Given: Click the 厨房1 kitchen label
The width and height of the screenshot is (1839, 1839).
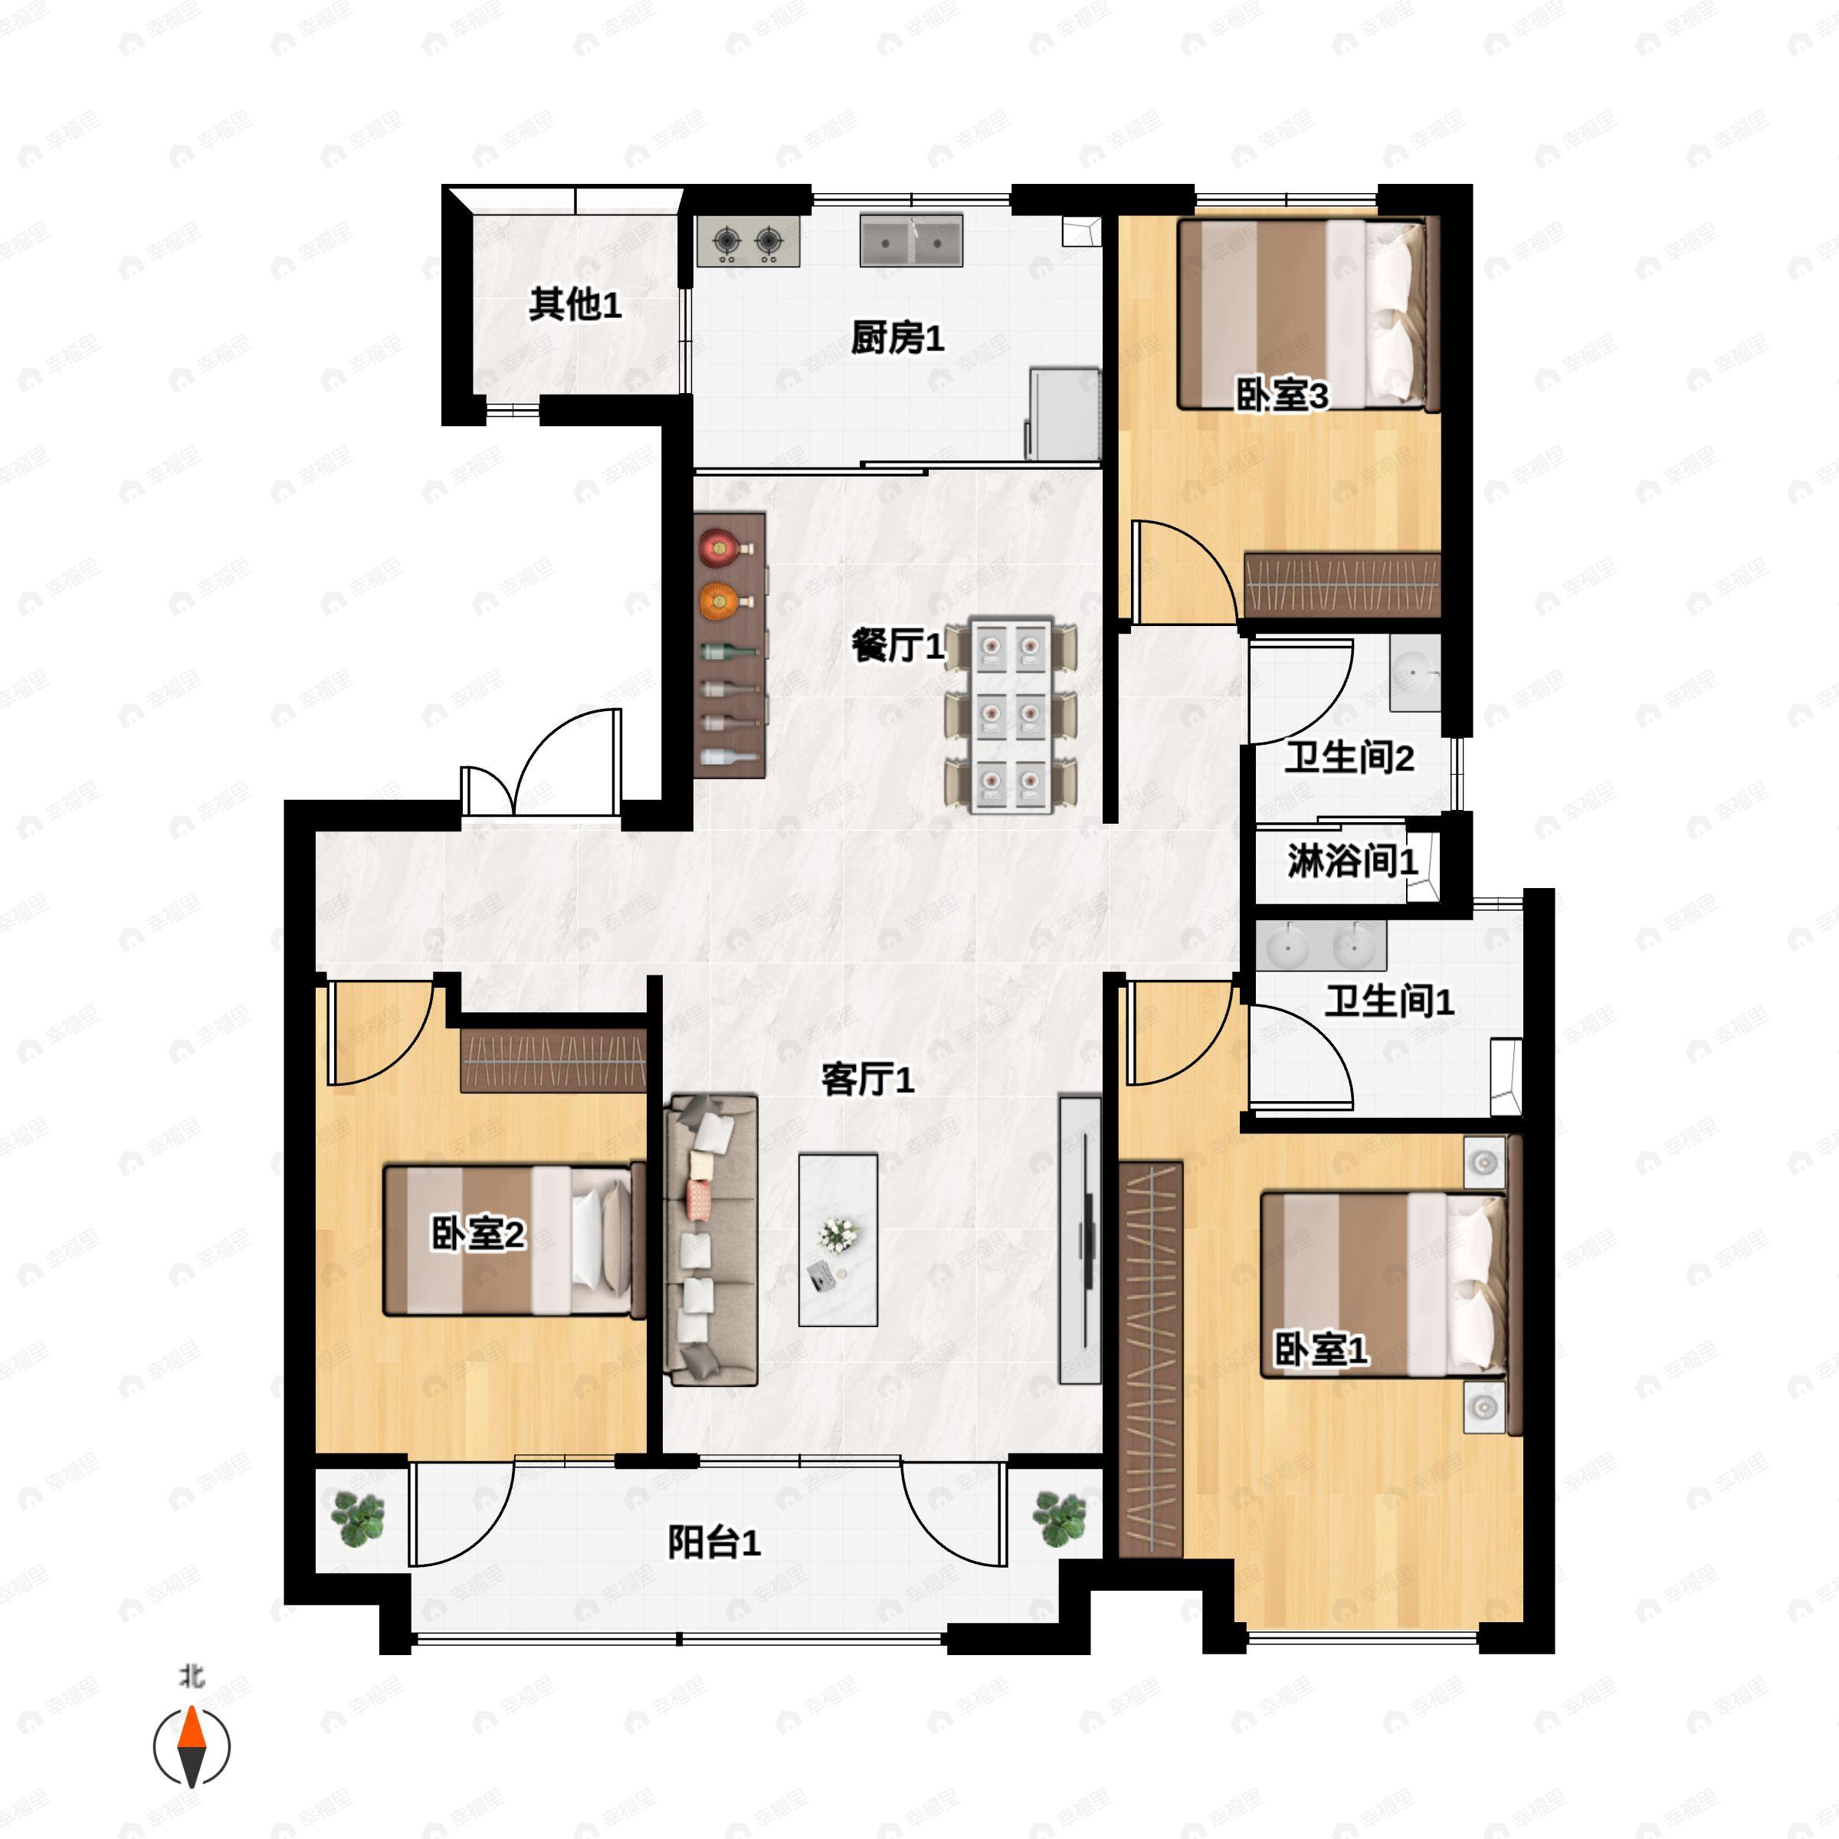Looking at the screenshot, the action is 897,338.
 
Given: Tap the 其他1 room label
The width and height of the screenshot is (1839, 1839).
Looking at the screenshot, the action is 575,305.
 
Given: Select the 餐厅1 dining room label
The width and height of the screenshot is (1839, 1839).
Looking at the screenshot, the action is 897,645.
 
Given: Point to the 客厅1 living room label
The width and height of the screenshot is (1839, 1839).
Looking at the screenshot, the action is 867,1080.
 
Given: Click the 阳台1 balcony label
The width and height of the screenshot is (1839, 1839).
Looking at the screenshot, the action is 714,1542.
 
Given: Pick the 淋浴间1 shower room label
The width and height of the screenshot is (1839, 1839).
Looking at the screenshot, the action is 1352,861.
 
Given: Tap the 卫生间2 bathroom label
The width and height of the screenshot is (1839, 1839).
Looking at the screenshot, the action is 1349,758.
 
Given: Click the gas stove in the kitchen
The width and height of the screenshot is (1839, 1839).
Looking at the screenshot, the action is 747,241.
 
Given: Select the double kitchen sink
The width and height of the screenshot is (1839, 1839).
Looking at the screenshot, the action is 911,240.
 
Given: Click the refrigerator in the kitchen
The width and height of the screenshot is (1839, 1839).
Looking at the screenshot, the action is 1064,414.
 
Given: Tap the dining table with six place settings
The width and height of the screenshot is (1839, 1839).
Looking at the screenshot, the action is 1011,715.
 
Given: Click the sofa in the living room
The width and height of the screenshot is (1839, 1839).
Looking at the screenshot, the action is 712,1239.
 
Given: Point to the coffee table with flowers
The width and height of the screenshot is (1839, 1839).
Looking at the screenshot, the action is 838,1239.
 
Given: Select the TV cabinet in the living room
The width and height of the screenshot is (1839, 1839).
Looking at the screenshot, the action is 1080,1239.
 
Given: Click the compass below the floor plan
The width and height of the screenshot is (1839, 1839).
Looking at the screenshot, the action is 192,1747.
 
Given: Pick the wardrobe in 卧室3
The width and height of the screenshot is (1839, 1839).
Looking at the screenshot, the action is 1342,582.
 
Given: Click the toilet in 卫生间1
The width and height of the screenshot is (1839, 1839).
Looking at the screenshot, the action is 1505,1077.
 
